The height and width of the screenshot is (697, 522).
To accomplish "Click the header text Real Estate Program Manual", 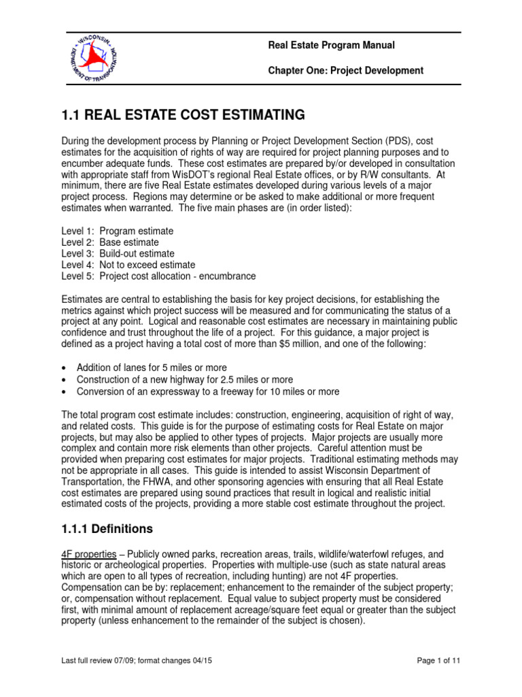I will click(x=331, y=46).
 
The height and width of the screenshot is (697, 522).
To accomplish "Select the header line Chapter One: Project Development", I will click(x=346, y=71).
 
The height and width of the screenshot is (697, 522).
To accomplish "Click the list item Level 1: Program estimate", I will click(x=117, y=231).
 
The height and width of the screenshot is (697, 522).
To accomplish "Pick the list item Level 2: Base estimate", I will click(x=110, y=242).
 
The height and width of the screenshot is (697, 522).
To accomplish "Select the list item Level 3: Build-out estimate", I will click(x=118, y=253).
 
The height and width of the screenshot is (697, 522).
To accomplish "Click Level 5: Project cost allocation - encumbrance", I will click(x=158, y=276).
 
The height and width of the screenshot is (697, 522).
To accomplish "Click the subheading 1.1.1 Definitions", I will click(x=107, y=528).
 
